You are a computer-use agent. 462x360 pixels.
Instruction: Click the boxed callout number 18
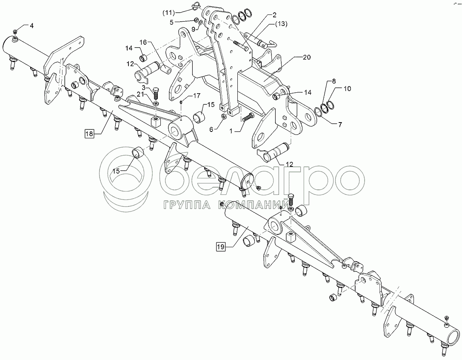click(x=89, y=134)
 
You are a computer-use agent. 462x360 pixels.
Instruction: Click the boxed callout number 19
click(x=220, y=246)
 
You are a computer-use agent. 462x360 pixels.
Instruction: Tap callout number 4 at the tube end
click(x=31, y=26)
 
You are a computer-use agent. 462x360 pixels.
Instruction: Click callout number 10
click(x=347, y=89)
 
